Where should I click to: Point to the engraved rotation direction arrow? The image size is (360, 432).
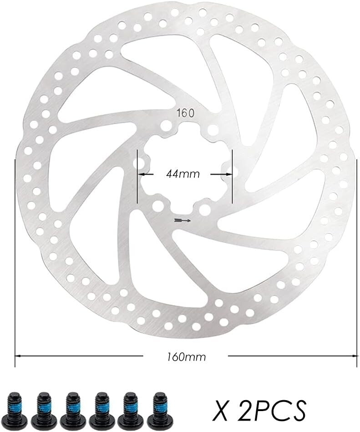pyautogui.click(x=183, y=221)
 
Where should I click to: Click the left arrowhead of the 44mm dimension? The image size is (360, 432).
pyautogui.click(x=141, y=174)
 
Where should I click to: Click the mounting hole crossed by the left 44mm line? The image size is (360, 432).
pyautogui.click(x=137, y=163)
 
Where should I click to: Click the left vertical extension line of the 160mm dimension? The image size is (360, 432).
pyautogui.click(x=15, y=255)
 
